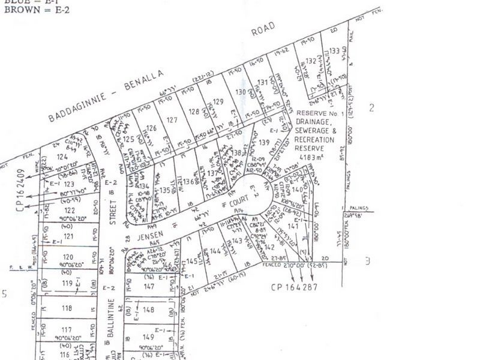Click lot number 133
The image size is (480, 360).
335,51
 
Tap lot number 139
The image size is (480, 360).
265,142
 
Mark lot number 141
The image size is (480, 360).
293,226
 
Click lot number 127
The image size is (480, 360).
172,120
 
